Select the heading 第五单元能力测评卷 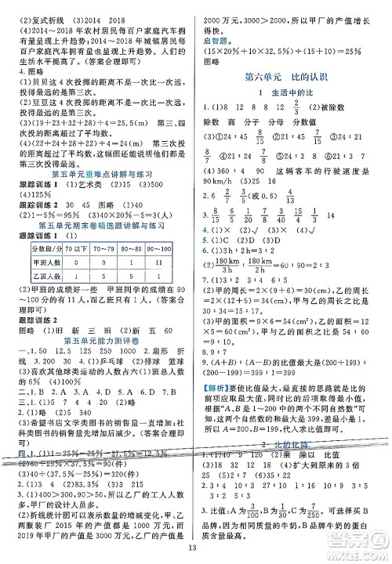pyautogui.click(x=99, y=363)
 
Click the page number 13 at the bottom pyautogui.click(x=196, y=551)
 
